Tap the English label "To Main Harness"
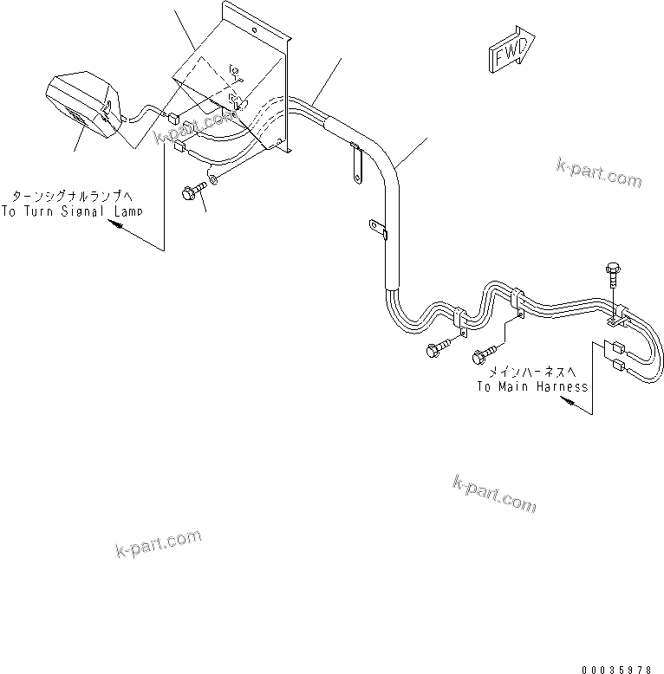[531, 386]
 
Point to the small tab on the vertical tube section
[376, 229]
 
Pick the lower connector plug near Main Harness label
[621, 366]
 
